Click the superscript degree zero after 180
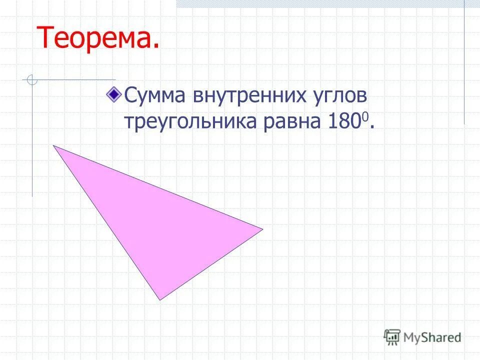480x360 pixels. tap(366, 116)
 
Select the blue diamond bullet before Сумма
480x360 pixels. tap(115, 92)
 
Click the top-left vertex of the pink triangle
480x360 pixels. tap(53, 145)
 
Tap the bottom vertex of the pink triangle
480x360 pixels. tap(159, 299)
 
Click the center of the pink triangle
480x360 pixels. tap(158, 225)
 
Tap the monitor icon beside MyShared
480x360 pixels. tap(392, 336)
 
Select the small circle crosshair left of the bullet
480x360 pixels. tap(32, 80)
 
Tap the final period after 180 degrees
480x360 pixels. tap(372, 129)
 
